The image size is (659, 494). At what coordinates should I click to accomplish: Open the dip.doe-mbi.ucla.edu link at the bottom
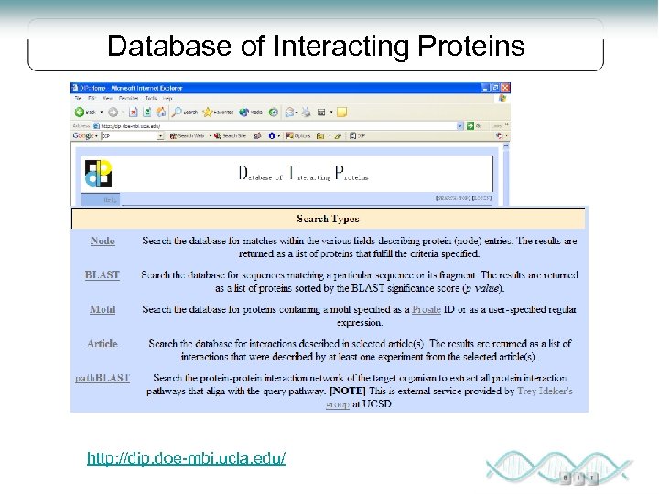187,456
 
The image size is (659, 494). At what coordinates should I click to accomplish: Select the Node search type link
103,241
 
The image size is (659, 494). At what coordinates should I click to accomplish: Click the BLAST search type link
103,274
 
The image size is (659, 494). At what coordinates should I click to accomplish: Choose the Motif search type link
103,309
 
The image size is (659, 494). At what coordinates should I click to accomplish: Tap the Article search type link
103,343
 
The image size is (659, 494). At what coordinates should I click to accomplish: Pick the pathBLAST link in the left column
103,377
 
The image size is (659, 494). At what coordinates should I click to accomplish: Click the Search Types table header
328,219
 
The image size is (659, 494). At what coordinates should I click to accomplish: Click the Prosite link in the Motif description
426,309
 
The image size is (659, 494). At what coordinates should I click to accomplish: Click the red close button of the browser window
504,87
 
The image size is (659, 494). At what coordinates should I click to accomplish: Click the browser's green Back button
81,112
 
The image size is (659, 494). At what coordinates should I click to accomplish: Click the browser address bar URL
275,125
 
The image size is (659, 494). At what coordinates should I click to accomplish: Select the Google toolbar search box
128,135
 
